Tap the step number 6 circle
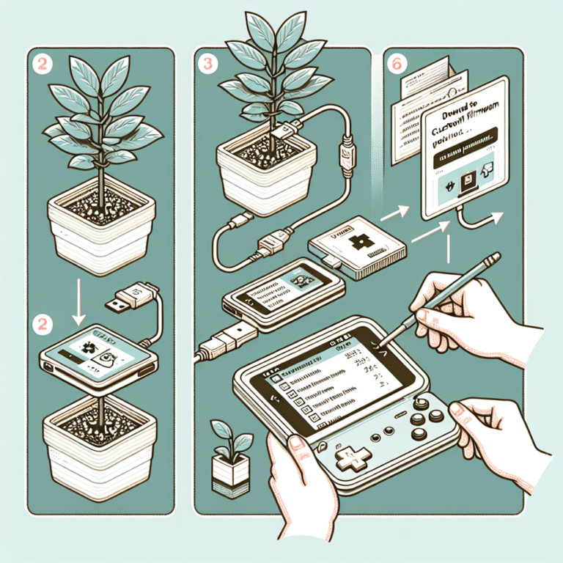pyautogui.click(x=399, y=65)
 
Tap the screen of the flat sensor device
pyautogui.click(x=99, y=351)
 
